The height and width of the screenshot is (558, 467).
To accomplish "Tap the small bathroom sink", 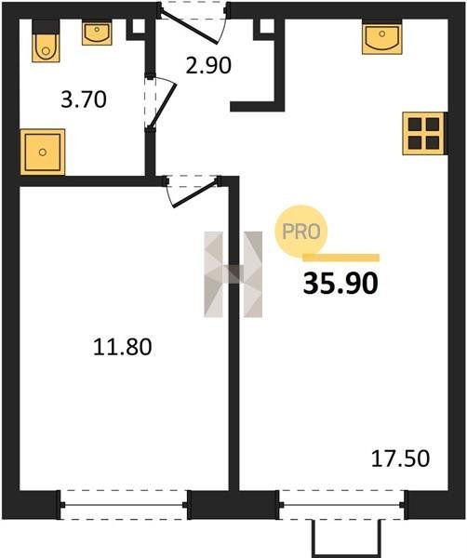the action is [x=97, y=33].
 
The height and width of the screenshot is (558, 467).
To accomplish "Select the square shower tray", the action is [x=43, y=152].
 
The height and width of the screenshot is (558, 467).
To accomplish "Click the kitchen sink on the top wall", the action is [x=382, y=37].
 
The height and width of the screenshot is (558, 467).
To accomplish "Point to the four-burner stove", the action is [x=423, y=133].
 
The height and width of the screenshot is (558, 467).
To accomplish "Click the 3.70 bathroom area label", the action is [x=84, y=100].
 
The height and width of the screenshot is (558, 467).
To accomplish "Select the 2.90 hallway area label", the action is [x=208, y=65].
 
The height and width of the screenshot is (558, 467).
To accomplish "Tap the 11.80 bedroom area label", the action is [x=123, y=347].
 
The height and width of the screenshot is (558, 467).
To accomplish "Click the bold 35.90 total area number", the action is [x=340, y=284].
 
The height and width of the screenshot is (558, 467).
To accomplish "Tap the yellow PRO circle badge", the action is [x=301, y=232].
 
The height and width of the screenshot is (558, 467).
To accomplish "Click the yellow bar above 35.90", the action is [x=340, y=258].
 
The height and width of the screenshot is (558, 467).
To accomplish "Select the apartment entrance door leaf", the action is [x=189, y=28].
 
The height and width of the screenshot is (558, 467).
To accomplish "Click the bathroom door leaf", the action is [x=163, y=105].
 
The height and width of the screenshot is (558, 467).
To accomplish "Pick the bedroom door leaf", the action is [x=194, y=194].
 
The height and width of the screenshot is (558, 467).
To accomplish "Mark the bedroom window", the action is [x=124, y=505].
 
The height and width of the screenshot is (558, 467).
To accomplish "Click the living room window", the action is [x=341, y=505].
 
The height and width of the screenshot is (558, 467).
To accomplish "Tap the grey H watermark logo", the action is [x=233, y=274].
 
